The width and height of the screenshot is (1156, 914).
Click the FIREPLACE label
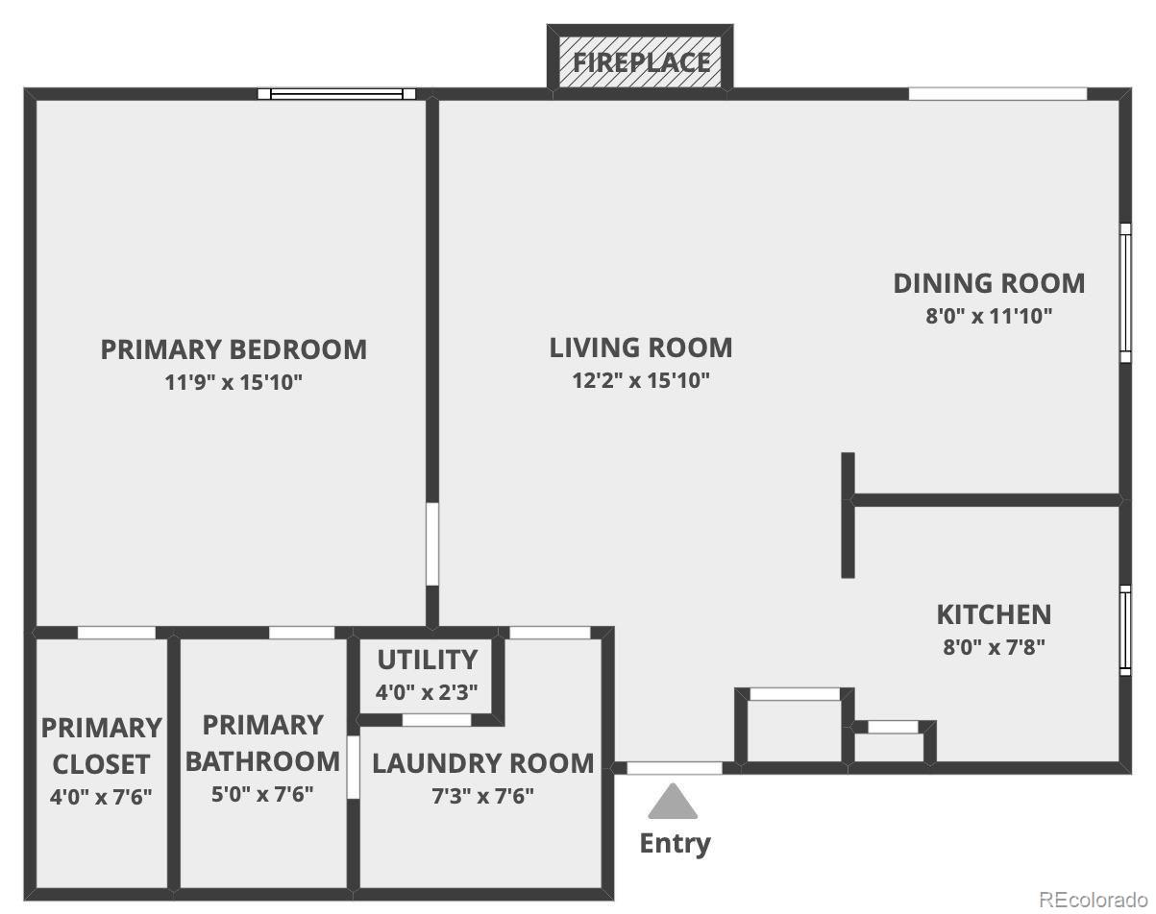click(641, 62)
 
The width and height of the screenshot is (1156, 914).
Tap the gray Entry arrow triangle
click(673, 803)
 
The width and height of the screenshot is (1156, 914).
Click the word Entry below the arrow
click(676, 844)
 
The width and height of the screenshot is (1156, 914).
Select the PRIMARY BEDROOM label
click(234, 349)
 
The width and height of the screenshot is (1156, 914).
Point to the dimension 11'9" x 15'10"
click(234, 383)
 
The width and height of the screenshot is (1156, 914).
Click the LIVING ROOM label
click(641, 348)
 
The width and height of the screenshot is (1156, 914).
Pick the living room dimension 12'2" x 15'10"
click(641, 380)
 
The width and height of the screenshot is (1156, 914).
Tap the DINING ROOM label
click(989, 283)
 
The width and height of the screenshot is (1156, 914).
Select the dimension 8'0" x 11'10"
click(989, 316)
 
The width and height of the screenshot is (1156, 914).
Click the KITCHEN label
click(994, 615)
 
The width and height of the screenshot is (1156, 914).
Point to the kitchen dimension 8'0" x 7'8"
click(994, 647)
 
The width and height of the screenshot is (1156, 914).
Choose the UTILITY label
click(427, 660)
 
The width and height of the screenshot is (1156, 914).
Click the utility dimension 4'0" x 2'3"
click(427, 692)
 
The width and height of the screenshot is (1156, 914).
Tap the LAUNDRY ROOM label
click(483, 763)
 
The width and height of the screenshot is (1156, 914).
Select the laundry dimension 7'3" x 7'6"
click(483, 796)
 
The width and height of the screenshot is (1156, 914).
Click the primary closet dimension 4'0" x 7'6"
click(101, 797)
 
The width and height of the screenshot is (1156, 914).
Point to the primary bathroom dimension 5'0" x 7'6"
click(262, 794)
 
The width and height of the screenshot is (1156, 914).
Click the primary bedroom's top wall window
click(337, 94)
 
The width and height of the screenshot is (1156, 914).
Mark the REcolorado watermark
click(1094, 899)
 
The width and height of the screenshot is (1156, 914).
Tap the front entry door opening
click(675, 768)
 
